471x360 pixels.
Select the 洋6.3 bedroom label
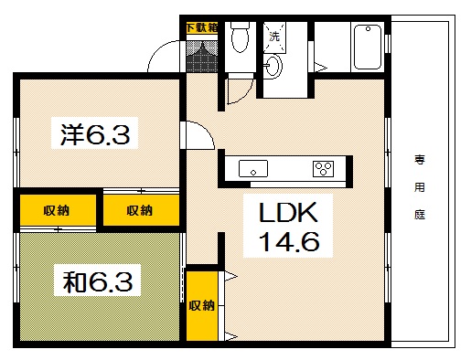click(x=100, y=136)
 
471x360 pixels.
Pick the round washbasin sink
click(x=273, y=66)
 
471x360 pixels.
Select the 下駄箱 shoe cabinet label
click(x=201, y=27)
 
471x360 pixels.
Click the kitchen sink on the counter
click(x=252, y=169)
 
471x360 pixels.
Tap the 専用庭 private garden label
click(x=420, y=188)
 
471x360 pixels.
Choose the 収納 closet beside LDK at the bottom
click(x=202, y=305)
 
